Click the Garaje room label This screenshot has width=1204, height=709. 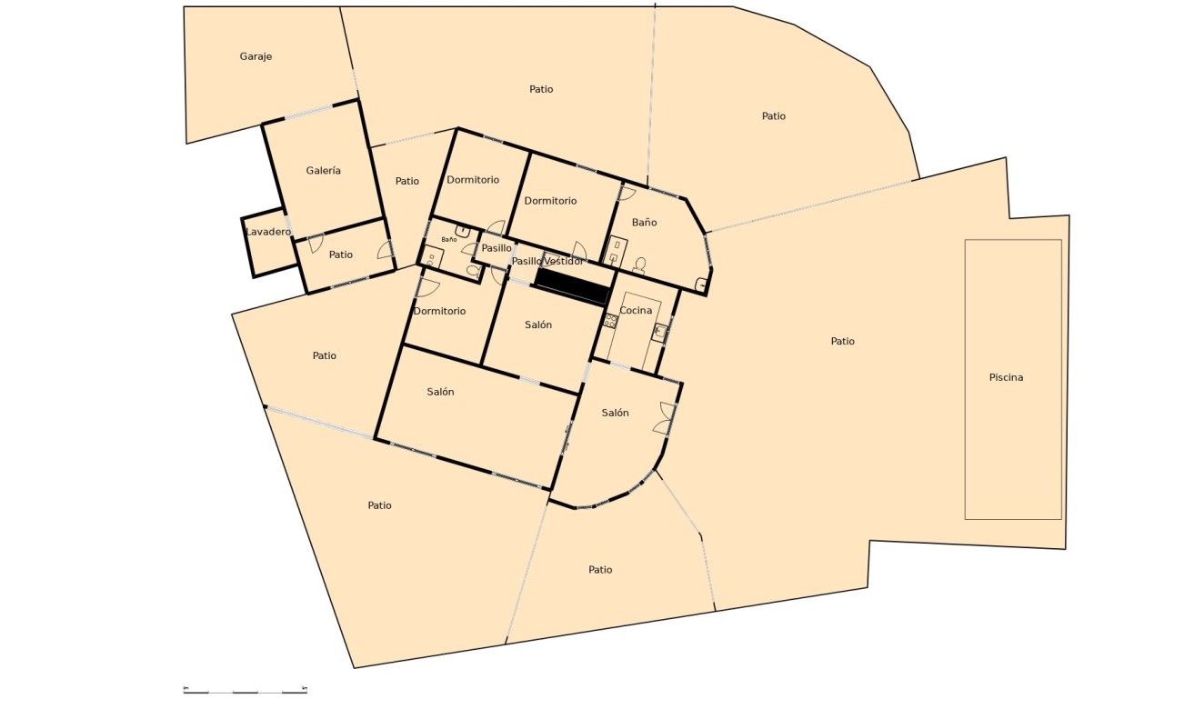[x=256, y=56]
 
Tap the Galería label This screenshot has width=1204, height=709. [x=323, y=170]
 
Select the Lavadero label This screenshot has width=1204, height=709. [x=268, y=232]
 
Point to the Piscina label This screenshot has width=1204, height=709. [x=1006, y=377]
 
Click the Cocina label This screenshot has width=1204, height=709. [x=636, y=310]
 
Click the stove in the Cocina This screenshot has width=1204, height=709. [x=611, y=321]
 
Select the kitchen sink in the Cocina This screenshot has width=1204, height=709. [x=660, y=333]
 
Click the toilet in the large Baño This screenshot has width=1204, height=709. [x=639, y=265]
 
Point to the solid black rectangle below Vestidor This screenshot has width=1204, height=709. [x=572, y=286]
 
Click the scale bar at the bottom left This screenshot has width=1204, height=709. [x=245, y=689]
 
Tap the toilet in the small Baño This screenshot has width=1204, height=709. [x=474, y=270]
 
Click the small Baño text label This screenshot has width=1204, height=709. [x=448, y=239]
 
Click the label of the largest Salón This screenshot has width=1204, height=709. [x=440, y=392]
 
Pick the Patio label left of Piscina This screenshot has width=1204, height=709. [x=842, y=341]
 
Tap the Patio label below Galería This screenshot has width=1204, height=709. [x=341, y=255]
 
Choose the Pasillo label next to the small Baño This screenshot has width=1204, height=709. [x=497, y=248]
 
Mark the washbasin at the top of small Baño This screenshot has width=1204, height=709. [x=462, y=231]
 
